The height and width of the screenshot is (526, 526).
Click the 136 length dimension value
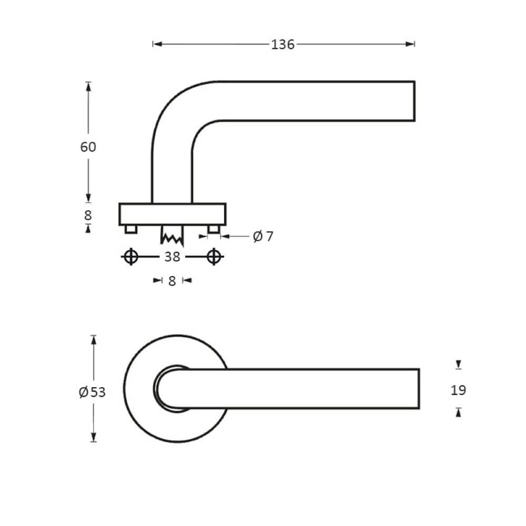click(x=282, y=45)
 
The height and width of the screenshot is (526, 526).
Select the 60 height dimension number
click(x=88, y=147)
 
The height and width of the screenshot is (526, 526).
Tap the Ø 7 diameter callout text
click(x=263, y=237)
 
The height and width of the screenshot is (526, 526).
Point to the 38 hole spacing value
click(x=172, y=257)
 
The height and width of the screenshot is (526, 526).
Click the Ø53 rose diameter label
click(x=92, y=392)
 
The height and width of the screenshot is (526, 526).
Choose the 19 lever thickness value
click(x=459, y=390)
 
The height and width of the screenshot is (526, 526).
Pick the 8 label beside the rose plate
click(x=88, y=215)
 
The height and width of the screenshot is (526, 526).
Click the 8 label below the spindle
click(x=172, y=281)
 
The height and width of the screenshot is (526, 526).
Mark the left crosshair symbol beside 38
click(x=131, y=257)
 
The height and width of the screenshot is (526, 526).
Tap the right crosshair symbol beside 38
click(x=213, y=257)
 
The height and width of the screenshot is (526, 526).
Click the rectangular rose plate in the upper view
click(x=173, y=214)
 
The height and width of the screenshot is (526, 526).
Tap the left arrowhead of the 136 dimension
click(x=156, y=45)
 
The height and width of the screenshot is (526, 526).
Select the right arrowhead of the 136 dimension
click(x=411, y=45)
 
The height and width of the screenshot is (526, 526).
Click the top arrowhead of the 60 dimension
click(x=88, y=86)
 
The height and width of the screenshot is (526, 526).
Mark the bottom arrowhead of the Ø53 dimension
click(x=94, y=438)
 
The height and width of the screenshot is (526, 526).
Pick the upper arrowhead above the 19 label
click(x=459, y=365)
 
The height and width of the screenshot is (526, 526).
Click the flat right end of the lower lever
click(x=418, y=389)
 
